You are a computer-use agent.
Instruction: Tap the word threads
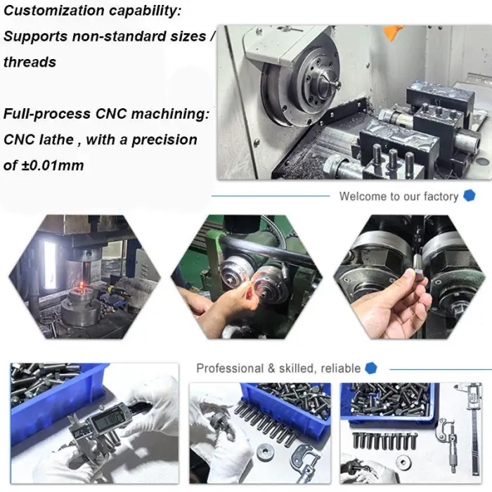click(x=30, y=62)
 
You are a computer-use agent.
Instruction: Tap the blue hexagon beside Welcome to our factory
click(x=469, y=196)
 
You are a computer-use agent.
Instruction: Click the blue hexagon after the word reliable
click(x=371, y=368)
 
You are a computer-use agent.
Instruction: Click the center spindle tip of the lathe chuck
click(x=329, y=85)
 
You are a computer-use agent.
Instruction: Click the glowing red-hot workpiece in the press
click(x=82, y=284)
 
